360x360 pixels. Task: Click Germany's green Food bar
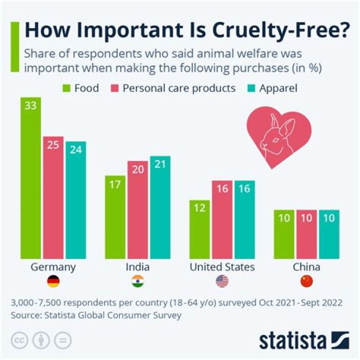click(x=30, y=177)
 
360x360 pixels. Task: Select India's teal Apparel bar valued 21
click(x=159, y=207)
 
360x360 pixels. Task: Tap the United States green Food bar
click(x=199, y=229)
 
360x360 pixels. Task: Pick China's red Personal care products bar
click(x=306, y=234)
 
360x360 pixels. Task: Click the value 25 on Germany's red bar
click(x=53, y=145)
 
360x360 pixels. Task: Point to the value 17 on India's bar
click(x=115, y=184)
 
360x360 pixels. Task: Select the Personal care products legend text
click(x=179, y=88)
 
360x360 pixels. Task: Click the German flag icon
click(x=53, y=281)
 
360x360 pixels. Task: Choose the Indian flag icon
click(x=137, y=281)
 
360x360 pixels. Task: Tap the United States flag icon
click(x=222, y=281)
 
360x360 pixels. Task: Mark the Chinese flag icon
click(x=306, y=281)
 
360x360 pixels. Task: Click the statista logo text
click(x=291, y=341)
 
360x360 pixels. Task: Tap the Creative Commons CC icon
click(x=18, y=340)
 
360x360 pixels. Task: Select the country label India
click(x=137, y=267)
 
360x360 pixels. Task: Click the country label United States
click(x=222, y=267)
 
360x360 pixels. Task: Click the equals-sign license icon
click(x=62, y=340)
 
